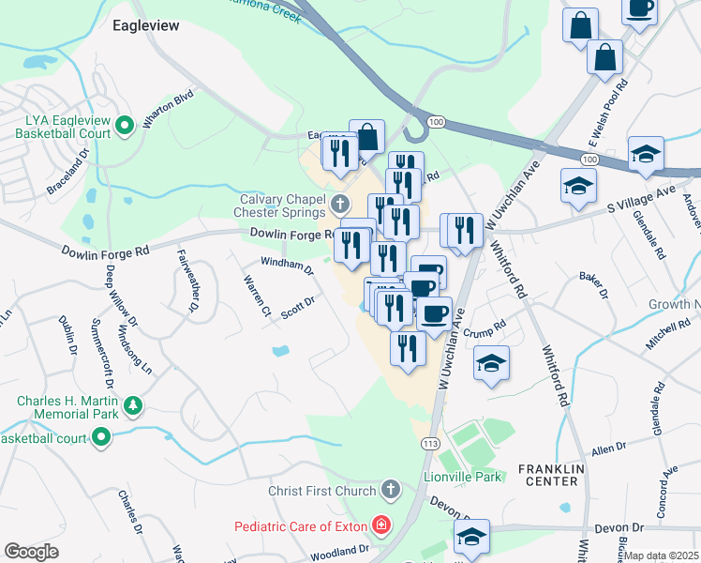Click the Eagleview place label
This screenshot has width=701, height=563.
(x=145, y=25)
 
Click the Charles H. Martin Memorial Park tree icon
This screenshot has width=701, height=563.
(x=134, y=405)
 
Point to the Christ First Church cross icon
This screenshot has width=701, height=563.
(x=391, y=489)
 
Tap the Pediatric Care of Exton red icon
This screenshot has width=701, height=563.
(x=380, y=525)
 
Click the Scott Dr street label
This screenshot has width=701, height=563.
(x=296, y=308)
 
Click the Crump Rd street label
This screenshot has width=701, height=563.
(x=485, y=330)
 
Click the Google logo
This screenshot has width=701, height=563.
(x=32, y=552)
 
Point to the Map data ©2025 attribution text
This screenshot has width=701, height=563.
(x=661, y=555)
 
